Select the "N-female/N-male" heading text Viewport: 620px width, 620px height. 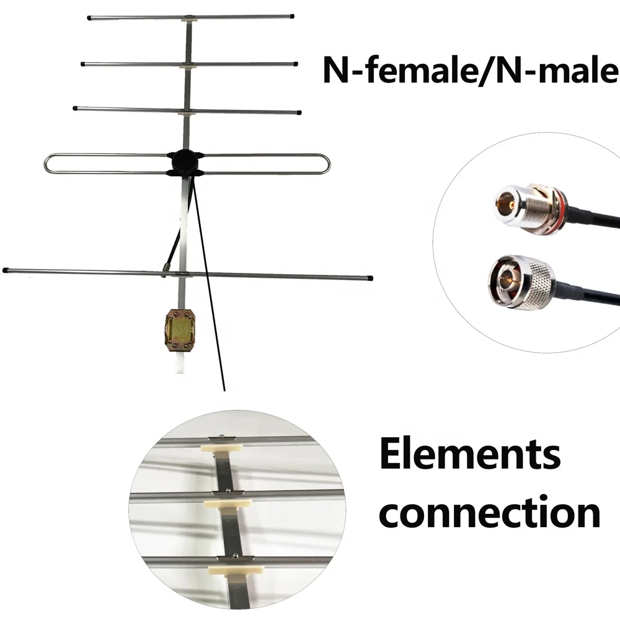(x=470, y=71)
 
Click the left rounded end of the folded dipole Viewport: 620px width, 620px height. (x=48, y=163)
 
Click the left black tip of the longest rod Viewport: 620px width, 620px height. (x=6, y=270)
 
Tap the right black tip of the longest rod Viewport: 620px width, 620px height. (x=370, y=278)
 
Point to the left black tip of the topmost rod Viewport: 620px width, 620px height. (x=90, y=18)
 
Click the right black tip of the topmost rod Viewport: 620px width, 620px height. (x=291, y=16)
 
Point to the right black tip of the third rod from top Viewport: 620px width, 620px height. (x=299, y=113)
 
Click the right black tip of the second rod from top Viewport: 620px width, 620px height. (x=295, y=64)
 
